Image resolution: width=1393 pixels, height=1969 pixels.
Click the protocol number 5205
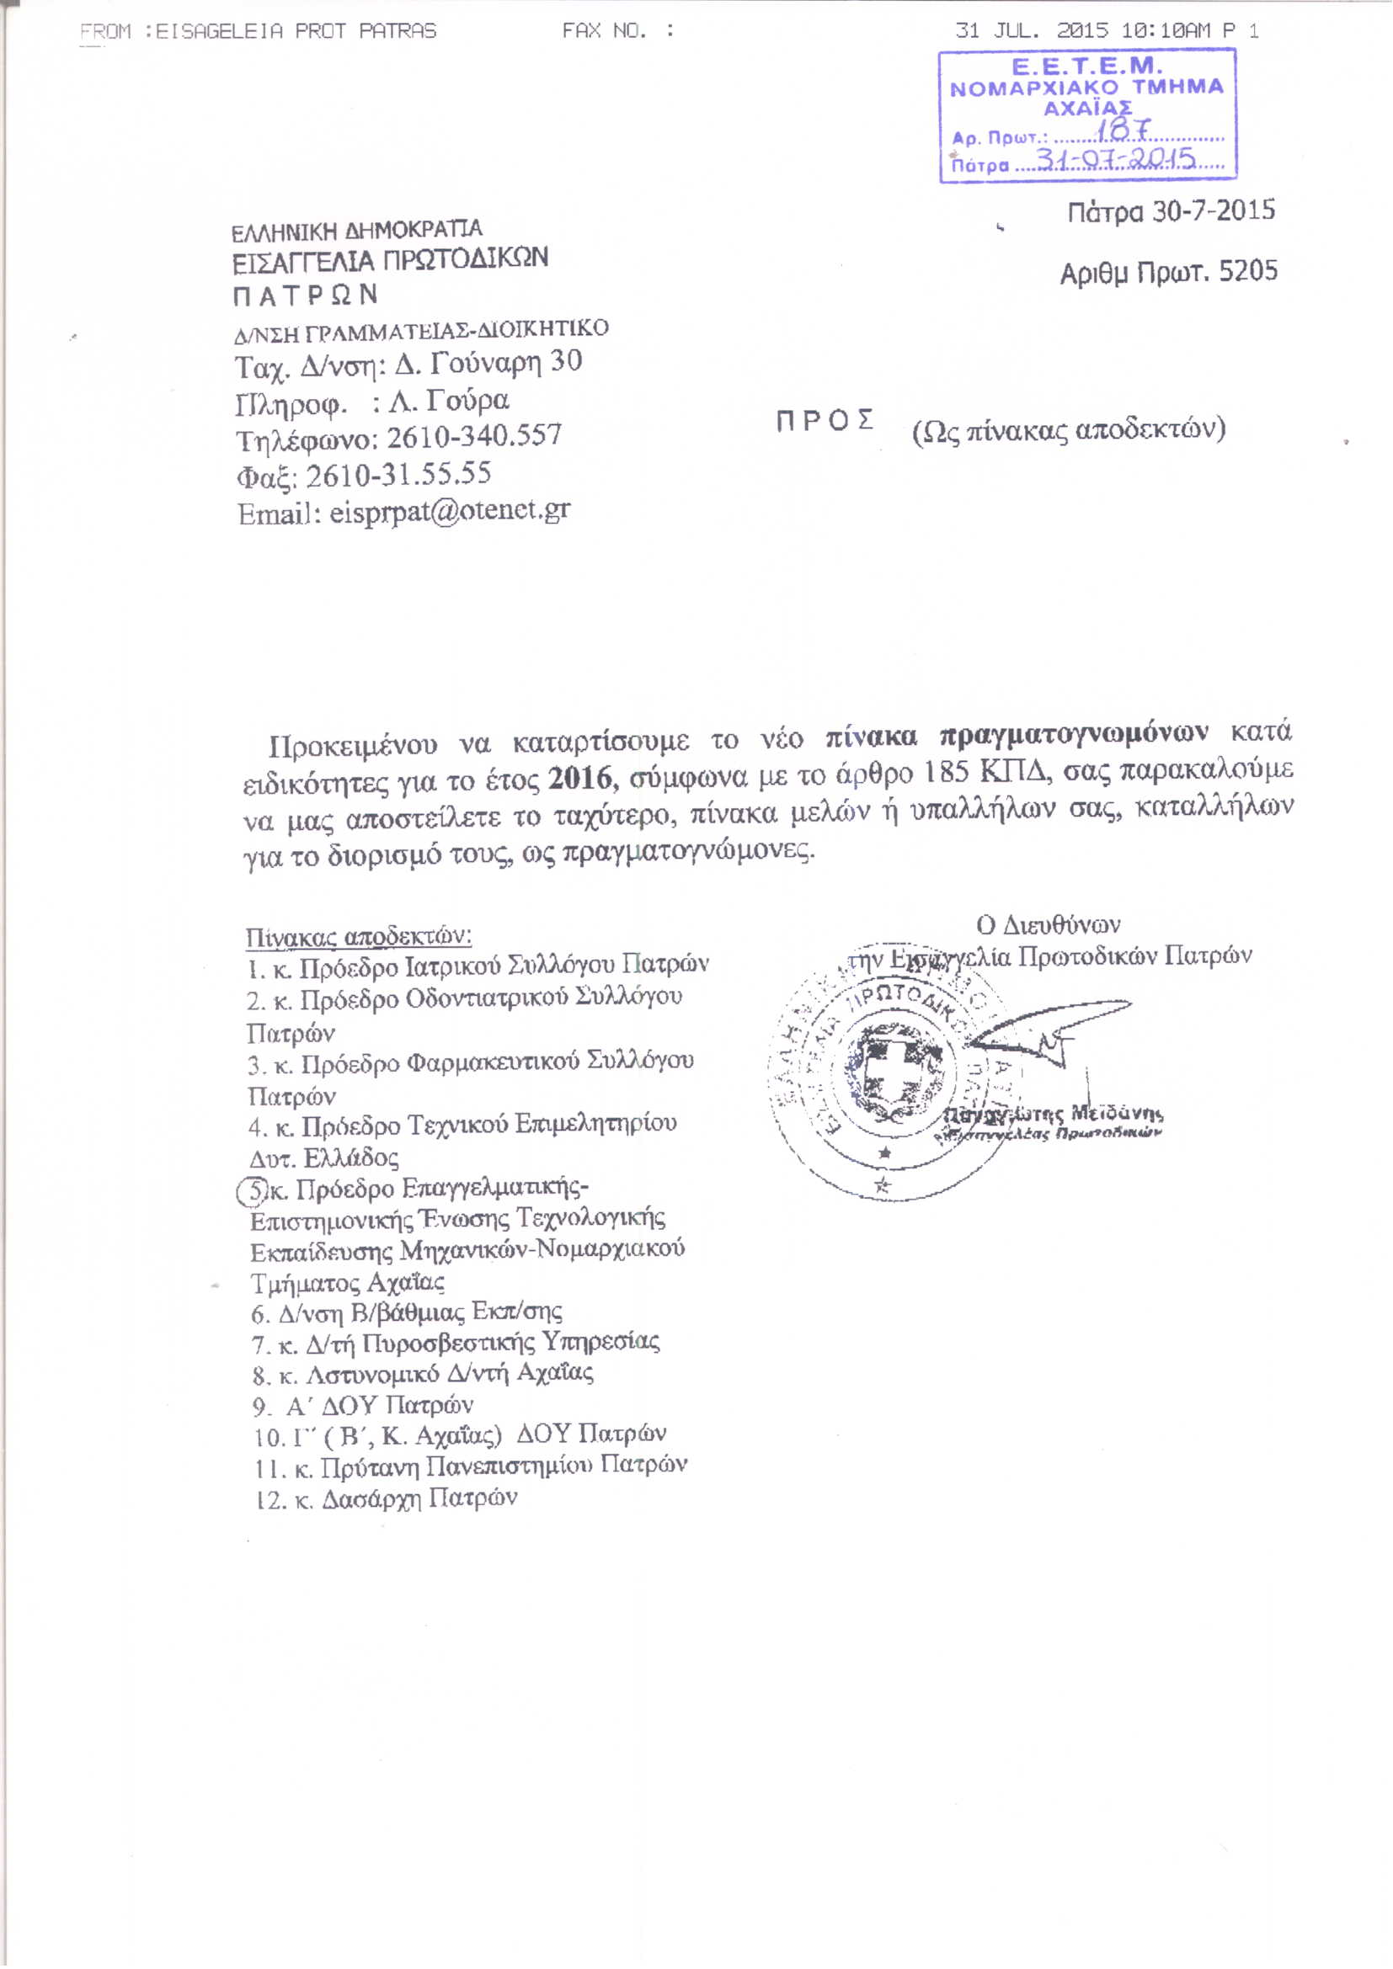click(1248, 272)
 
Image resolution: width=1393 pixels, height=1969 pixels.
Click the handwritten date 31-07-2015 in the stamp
click(1116, 158)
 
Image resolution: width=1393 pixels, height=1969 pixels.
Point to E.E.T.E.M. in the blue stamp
click(1086, 67)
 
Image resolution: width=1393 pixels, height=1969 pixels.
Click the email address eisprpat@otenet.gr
click(450, 511)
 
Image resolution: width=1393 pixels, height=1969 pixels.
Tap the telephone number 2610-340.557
click(473, 436)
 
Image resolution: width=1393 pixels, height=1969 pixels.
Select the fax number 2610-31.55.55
click(398, 474)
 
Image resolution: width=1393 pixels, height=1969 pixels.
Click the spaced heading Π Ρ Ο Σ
click(825, 420)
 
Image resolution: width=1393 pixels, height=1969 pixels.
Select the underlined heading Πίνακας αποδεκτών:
click(359, 935)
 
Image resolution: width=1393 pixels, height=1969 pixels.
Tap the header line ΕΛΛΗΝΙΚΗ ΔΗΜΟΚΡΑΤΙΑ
click(357, 231)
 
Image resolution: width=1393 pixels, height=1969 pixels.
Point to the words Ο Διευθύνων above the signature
click(1049, 924)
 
